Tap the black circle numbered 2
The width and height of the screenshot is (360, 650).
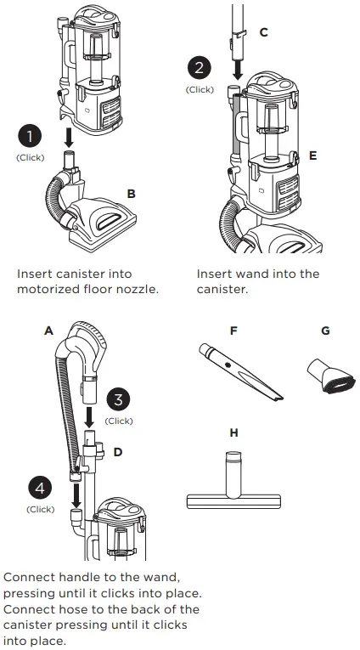pos(200,68)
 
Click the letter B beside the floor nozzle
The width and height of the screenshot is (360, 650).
pos(131,194)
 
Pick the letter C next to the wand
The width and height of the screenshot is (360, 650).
pos(263,32)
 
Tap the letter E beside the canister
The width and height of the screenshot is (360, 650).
pos(313,156)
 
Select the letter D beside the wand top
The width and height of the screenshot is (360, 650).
pos(117,451)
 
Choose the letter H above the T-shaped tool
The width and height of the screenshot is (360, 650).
pos(234,432)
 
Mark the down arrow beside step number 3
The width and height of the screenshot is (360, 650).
pos(90,415)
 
